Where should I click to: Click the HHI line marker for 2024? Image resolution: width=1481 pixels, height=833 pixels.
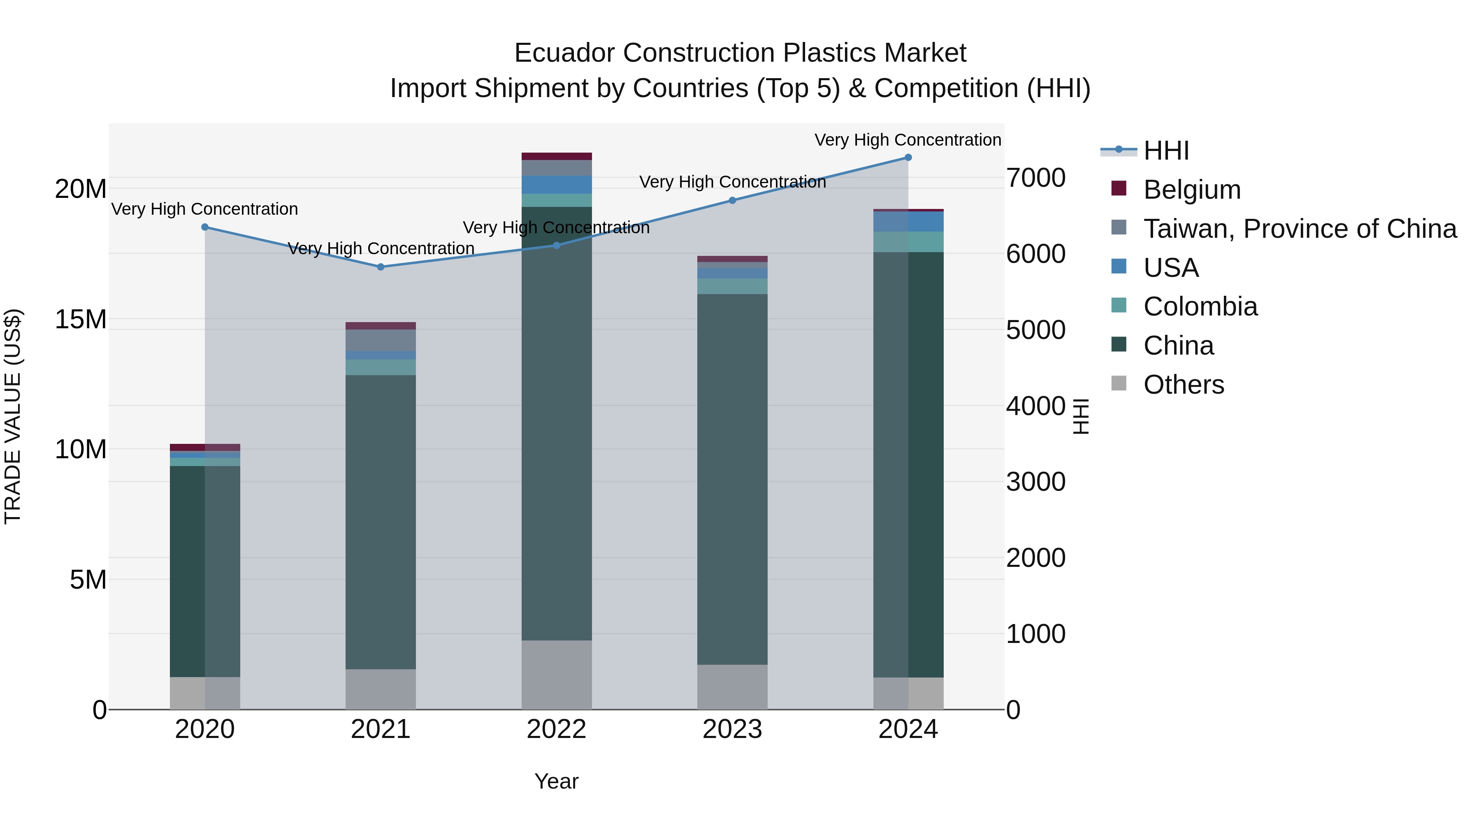point(908,158)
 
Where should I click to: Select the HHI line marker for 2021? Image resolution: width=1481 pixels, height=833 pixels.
point(381,267)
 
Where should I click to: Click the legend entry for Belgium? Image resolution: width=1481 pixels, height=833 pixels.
point(1191,190)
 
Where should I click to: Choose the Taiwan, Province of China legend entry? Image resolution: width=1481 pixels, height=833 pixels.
point(1299,229)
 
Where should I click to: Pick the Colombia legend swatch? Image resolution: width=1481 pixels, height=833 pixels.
point(1119,305)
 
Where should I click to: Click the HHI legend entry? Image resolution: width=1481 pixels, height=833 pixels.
point(1165,151)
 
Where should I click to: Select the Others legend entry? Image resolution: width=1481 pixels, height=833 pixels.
point(1183,385)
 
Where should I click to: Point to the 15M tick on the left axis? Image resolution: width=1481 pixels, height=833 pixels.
point(81,320)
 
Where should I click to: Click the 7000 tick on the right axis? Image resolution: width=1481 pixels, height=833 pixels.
point(1035,178)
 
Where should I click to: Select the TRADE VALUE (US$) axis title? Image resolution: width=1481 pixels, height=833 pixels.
point(13,416)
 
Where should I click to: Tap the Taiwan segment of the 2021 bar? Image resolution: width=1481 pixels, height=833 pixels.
point(381,340)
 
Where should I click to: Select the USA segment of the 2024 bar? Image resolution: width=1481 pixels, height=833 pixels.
point(908,221)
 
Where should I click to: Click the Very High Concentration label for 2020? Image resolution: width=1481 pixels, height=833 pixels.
point(205,209)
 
